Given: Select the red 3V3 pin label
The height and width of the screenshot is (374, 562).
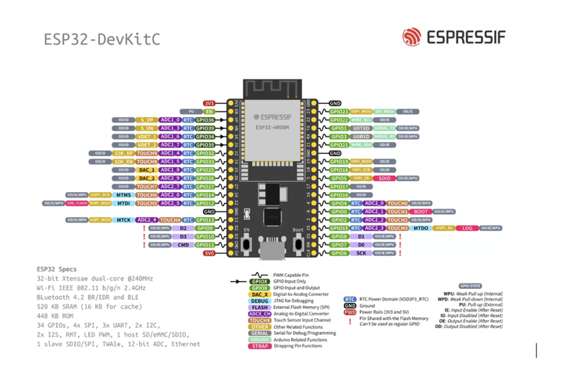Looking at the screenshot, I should (208, 103).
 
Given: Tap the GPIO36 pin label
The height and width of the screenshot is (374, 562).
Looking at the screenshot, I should (205, 120).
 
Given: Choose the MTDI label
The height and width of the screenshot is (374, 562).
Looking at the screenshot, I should (125, 203).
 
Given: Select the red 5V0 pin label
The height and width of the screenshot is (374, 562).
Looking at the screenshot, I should (208, 253).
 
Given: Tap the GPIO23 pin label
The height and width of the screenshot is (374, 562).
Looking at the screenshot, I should (339, 112).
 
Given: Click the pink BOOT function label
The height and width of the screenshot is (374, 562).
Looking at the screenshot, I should (421, 212).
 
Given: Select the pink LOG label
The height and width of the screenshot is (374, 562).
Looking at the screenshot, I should (468, 228).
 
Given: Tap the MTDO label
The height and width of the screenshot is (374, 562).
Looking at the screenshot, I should (421, 228).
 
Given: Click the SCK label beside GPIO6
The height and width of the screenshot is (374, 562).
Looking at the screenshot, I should (361, 253).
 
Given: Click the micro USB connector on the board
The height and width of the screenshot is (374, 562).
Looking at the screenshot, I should (273, 250).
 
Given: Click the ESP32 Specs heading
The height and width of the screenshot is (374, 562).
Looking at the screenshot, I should (56, 268).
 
